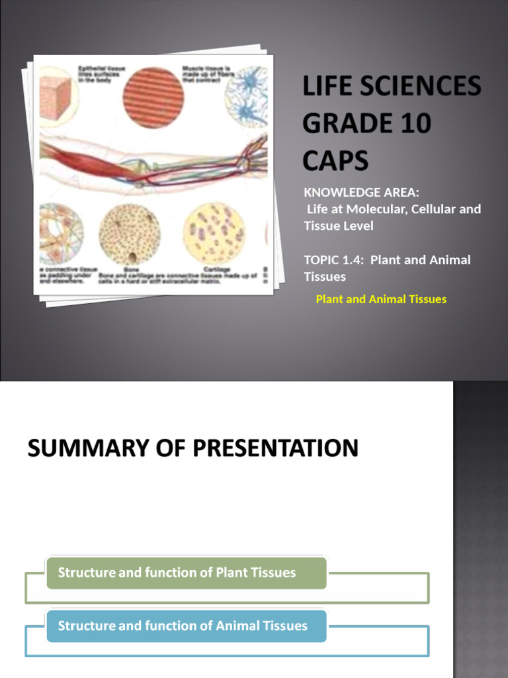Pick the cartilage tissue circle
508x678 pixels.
coord(213,232)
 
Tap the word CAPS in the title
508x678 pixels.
coord(336,160)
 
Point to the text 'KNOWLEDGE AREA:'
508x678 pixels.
coord(362,193)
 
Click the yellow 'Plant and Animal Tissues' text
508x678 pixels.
coord(381,299)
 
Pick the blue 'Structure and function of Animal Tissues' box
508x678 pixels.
coord(186,626)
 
